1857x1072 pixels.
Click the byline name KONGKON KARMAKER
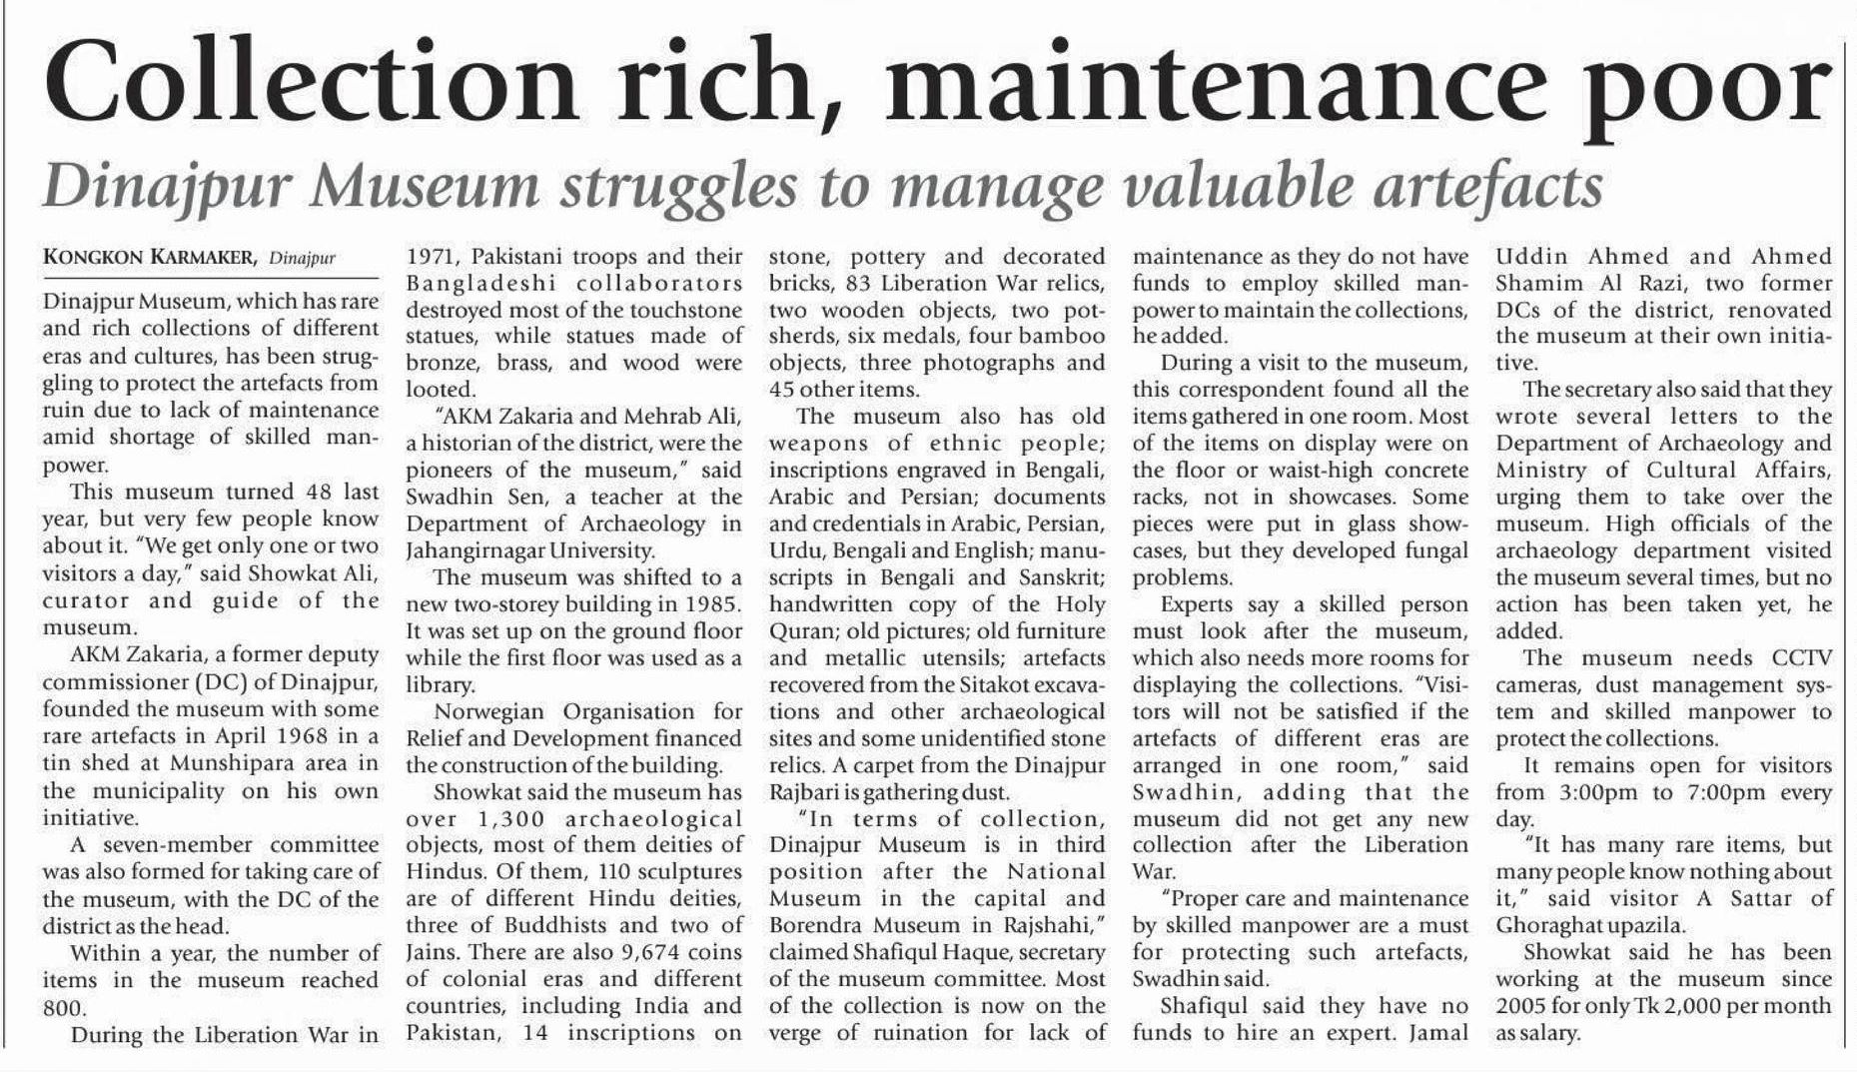(151, 258)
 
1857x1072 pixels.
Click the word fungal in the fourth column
(1424, 550)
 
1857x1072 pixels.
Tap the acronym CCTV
(1801, 657)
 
